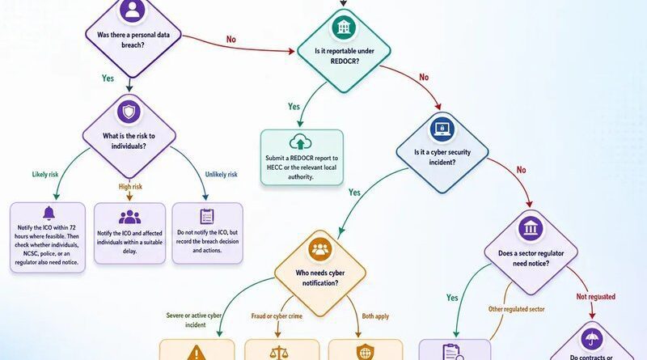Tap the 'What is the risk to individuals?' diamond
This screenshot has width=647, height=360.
click(x=129, y=136)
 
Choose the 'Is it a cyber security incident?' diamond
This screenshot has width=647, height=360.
click(x=442, y=153)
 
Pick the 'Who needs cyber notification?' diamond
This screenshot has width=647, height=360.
click(x=320, y=273)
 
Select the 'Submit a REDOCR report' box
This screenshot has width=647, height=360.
click(x=302, y=157)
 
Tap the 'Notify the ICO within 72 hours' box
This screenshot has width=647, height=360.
click(x=48, y=237)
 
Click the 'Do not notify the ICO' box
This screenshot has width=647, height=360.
click(x=207, y=233)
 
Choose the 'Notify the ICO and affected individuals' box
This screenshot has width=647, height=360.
click(x=129, y=233)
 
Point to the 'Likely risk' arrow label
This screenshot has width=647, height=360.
click(x=45, y=175)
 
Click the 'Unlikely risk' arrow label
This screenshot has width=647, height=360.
click(x=221, y=175)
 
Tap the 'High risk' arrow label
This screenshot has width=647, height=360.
click(x=130, y=187)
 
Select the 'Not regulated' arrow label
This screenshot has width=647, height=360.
click(x=596, y=297)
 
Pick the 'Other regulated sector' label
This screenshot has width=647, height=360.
click(x=516, y=309)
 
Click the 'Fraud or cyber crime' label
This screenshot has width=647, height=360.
click(x=277, y=316)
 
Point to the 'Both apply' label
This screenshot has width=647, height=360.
click(x=375, y=316)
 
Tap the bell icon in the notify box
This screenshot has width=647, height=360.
click(x=49, y=213)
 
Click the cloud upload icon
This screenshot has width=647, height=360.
click(x=300, y=142)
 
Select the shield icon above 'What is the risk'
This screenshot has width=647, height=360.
click(x=129, y=112)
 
